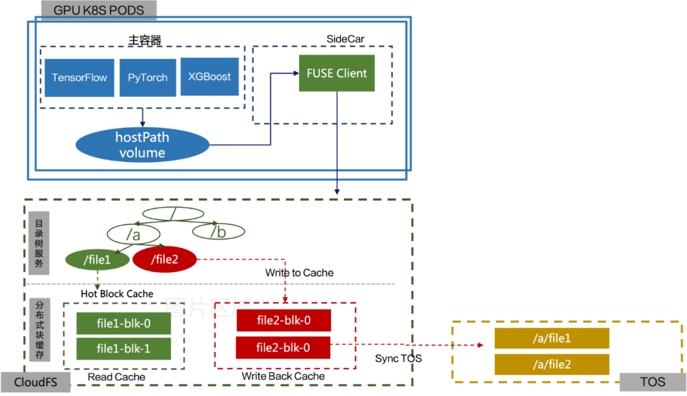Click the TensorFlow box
(80, 78)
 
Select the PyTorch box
(148, 78)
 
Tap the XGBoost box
(209, 77)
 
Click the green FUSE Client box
(337, 73)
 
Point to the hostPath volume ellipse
(142, 145)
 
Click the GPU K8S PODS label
(99, 10)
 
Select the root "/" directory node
(172, 214)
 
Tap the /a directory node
(133, 235)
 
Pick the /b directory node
(218, 232)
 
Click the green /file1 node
(97, 259)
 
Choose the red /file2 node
(165, 259)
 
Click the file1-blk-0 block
(123, 324)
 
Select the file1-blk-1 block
(123, 348)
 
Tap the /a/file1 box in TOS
(552, 338)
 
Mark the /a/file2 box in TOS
(552, 364)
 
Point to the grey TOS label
(653, 382)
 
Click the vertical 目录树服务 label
(39, 243)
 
